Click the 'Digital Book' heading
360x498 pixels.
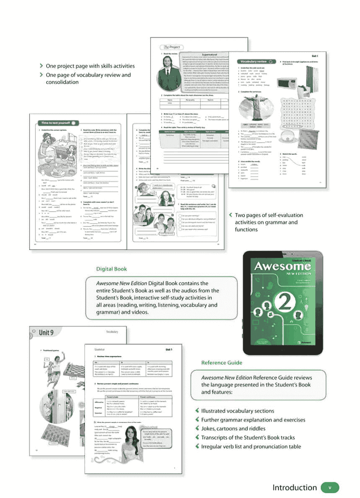coord(111,269)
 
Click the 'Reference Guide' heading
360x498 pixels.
coord(222,362)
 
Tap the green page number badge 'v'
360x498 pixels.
coord(330,488)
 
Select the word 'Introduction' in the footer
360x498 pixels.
coord(294,488)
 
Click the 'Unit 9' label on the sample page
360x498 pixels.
coord(46,333)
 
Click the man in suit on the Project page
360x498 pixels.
coord(167,73)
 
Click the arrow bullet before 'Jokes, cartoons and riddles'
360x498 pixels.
coord(197,428)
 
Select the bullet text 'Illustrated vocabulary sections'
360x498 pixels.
coord(237,411)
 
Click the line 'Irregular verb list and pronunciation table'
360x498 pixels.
coord(251,446)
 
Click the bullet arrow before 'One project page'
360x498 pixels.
coord(41,66)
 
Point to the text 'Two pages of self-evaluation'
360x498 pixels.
coord(269,215)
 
